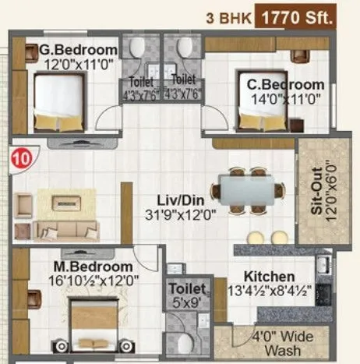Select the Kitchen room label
[x=269, y=277]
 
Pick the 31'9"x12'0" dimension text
[x=181, y=212]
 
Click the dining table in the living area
[x=246, y=191]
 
